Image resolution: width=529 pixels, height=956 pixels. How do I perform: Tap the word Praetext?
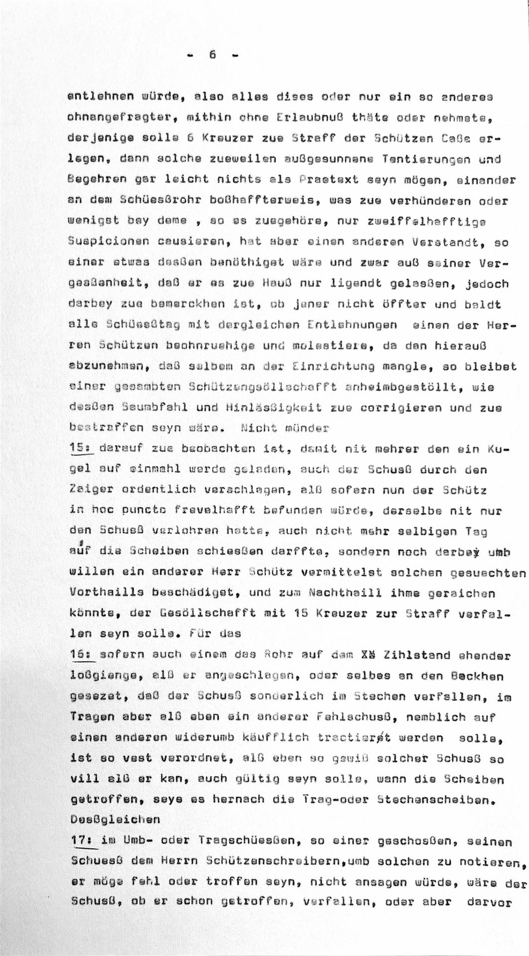[x=334, y=180]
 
